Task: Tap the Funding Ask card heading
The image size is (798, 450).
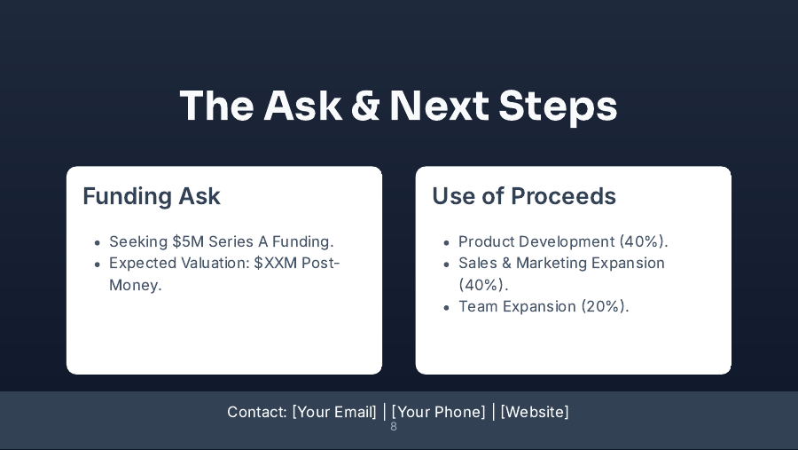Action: [152, 196]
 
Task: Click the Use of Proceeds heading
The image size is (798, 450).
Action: [524, 196]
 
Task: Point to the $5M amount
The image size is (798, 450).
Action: [188, 241]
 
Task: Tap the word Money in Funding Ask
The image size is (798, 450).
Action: [133, 285]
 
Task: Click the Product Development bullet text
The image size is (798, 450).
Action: [536, 241]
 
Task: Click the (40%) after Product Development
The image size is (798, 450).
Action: [643, 241]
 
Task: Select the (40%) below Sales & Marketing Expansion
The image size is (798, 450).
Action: [482, 285]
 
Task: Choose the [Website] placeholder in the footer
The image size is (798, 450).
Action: [535, 412]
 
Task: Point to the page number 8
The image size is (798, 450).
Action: [394, 427]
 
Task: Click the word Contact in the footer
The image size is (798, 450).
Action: [256, 412]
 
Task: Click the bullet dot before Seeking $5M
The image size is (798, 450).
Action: [97, 242]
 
